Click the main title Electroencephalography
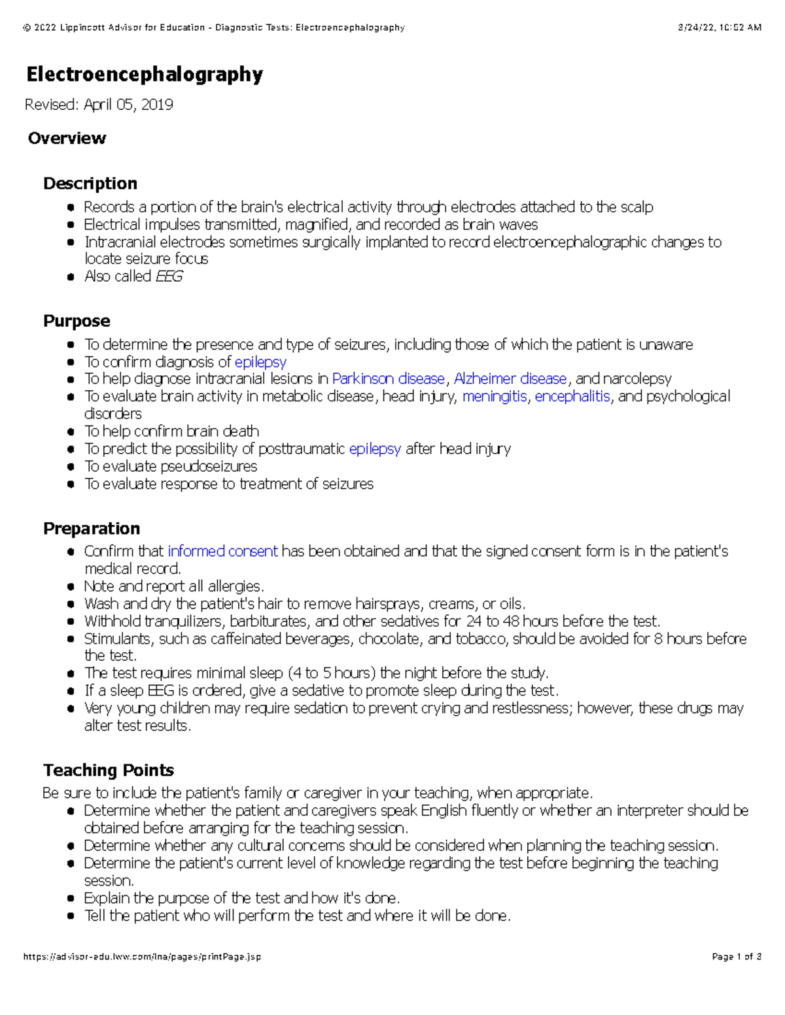pyautogui.click(x=145, y=75)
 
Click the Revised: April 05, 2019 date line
pyautogui.click(x=99, y=105)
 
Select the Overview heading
pyautogui.click(x=67, y=138)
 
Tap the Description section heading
pyautogui.click(x=90, y=183)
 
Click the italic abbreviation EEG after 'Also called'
pyautogui.click(x=169, y=276)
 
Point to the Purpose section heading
pyautogui.click(x=77, y=321)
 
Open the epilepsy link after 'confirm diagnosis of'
pyautogui.click(x=260, y=362)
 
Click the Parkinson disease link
pyautogui.click(x=389, y=379)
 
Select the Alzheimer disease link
pyautogui.click(x=510, y=379)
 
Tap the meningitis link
pyautogui.click(x=494, y=397)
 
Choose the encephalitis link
pyautogui.click(x=572, y=397)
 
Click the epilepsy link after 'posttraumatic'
pyautogui.click(x=375, y=449)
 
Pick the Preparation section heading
pyautogui.click(x=92, y=528)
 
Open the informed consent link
pyautogui.click(x=222, y=552)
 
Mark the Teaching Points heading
pyautogui.click(x=109, y=770)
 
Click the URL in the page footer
pyautogui.click(x=142, y=957)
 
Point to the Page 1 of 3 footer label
pyautogui.click(x=736, y=957)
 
